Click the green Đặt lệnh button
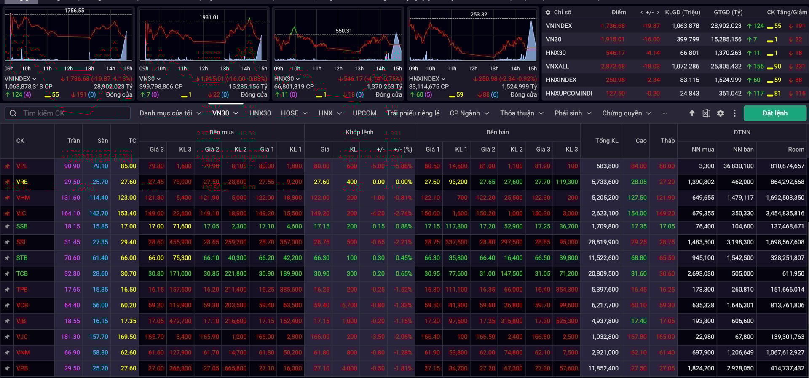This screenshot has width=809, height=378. tap(774, 113)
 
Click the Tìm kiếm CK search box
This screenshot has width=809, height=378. tap(72, 113)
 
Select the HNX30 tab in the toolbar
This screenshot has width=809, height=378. tap(260, 113)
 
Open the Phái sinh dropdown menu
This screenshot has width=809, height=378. tap(572, 113)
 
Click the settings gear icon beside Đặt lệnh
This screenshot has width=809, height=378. tap(721, 113)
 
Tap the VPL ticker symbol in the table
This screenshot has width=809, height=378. tap(22, 166)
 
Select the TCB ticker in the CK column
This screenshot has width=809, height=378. tap(22, 273)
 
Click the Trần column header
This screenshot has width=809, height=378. tap(73, 141)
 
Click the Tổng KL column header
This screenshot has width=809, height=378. tap(607, 141)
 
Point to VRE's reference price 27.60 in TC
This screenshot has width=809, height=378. tap(128, 182)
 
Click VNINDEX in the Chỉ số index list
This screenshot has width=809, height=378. tap(559, 26)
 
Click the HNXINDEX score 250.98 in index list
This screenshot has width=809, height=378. tap(615, 80)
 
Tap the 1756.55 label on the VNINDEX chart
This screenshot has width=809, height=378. tap(74, 11)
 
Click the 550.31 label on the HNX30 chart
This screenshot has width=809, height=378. tap(343, 31)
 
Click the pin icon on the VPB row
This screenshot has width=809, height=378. tap(7, 368)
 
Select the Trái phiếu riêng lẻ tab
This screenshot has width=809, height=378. tap(413, 113)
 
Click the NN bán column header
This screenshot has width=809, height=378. tap(743, 149)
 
